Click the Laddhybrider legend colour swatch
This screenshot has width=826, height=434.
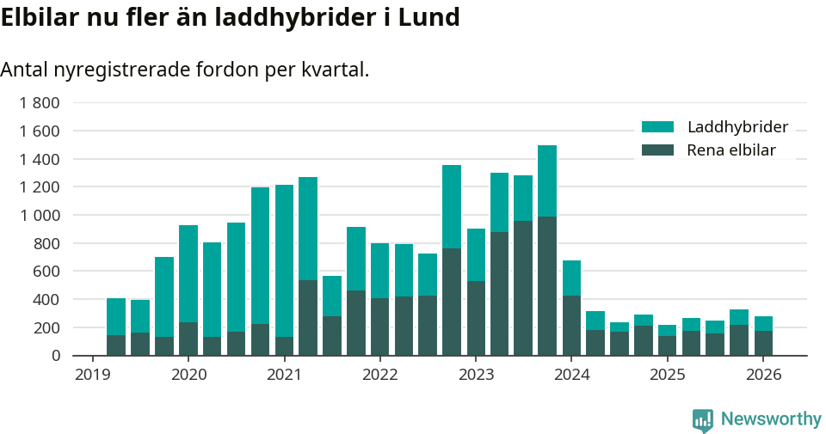coord(657,127)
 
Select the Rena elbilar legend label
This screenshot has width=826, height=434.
coord(731,150)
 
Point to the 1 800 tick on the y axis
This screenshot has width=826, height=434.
coord(40,103)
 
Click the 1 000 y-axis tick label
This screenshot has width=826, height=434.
coord(40,215)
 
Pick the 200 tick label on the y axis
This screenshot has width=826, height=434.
coord(46,327)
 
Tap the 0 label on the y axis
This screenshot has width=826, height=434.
coord(56,356)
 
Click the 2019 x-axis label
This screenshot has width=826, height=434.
coord(93,375)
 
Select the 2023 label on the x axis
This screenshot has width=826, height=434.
coord(476,375)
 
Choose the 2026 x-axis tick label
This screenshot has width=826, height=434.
coord(763,375)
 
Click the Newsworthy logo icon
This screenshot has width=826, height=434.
coord(702,419)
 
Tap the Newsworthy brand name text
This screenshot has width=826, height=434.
coord(771,419)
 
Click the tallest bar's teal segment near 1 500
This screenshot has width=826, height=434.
coord(547,180)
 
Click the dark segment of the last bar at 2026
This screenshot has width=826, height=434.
coord(763,343)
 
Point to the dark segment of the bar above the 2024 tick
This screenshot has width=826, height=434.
coord(571,326)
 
